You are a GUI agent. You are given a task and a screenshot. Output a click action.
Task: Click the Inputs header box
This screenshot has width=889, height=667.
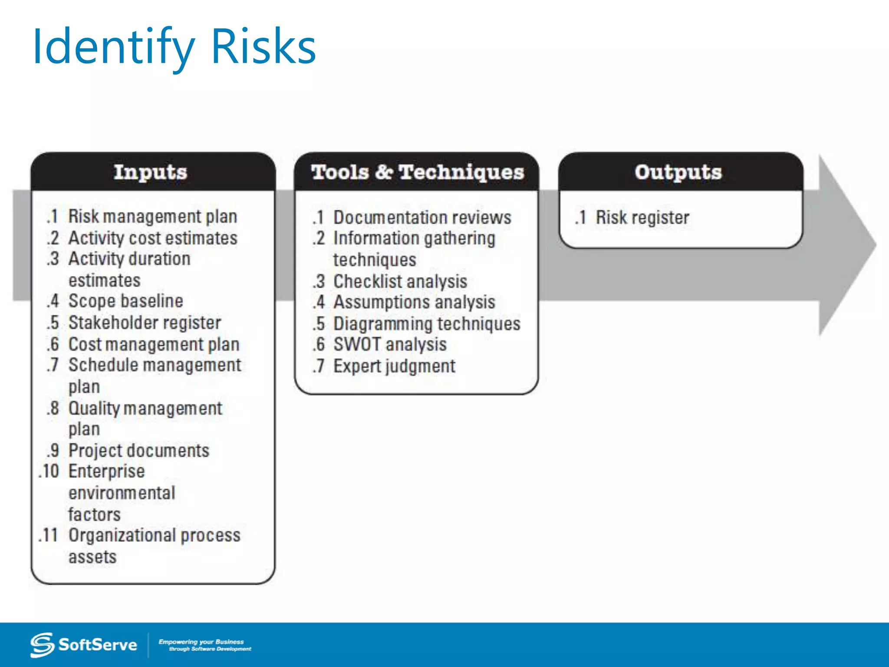pos(151,172)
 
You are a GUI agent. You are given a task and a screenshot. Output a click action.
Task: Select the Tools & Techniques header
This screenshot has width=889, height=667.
pos(417,172)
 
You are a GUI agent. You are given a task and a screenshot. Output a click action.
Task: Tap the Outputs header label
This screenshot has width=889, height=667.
pos(678,172)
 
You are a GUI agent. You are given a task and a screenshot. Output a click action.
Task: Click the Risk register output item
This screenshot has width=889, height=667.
pos(642,218)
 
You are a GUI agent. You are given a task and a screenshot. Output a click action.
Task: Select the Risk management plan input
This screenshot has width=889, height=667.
pos(152,216)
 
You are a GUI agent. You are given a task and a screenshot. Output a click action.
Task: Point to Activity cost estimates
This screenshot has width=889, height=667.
pos(153,238)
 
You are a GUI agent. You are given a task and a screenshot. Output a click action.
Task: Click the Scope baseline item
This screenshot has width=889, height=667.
pos(125,301)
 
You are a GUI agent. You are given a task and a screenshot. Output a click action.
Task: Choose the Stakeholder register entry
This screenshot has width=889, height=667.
pos(145,323)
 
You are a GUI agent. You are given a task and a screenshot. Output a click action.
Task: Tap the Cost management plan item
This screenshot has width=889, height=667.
pos(154,344)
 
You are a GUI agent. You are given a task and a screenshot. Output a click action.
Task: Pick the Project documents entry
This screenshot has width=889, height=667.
pos(139,450)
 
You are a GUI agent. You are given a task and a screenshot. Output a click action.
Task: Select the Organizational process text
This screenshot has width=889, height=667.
pos(154,535)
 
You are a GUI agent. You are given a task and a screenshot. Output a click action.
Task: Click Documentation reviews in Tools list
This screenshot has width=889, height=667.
pos(422,218)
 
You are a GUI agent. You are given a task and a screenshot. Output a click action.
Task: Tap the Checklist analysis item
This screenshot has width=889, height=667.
pos(400,281)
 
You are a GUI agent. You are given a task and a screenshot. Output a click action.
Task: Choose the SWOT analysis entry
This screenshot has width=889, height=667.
pos(389,344)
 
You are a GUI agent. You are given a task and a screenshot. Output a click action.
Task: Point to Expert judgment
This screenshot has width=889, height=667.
pos(394,366)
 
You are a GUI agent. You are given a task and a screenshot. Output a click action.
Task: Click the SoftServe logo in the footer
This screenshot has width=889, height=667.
pos(83,645)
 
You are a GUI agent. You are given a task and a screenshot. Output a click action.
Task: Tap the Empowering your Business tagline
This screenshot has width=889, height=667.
pos(204,645)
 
